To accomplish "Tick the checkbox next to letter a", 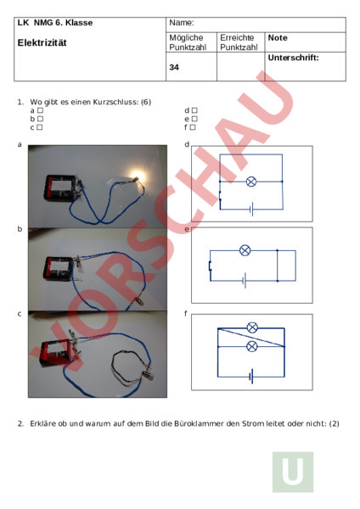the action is pyautogui.click(x=40, y=110).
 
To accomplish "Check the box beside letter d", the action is pyautogui.click(x=194, y=110).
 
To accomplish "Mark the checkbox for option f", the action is pyautogui.click(x=193, y=127).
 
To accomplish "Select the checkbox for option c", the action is pyautogui.click(x=40, y=127).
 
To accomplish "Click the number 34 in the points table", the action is pyautogui.click(x=174, y=67).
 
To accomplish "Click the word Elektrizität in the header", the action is pyautogui.click(x=42, y=42).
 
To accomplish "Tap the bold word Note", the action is pyautogui.click(x=278, y=37).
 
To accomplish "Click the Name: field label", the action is pyautogui.click(x=182, y=22).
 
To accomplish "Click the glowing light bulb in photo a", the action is pyautogui.click(x=137, y=177).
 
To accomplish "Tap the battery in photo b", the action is pyautogui.click(x=59, y=268).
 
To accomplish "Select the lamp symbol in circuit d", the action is pyautogui.click(x=251, y=182).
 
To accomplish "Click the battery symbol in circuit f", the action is pyautogui.click(x=251, y=376).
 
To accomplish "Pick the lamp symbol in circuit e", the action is pyautogui.click(x=245, y=250).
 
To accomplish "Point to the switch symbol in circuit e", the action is pyautogui.click(x=210, y=266).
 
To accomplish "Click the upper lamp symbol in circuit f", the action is pyautogui.click(x=252, y=327).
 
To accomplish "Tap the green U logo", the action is pyautogui.click(x=293, y=472).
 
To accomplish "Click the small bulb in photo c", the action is pyautogui.click(x=148, y=376).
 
